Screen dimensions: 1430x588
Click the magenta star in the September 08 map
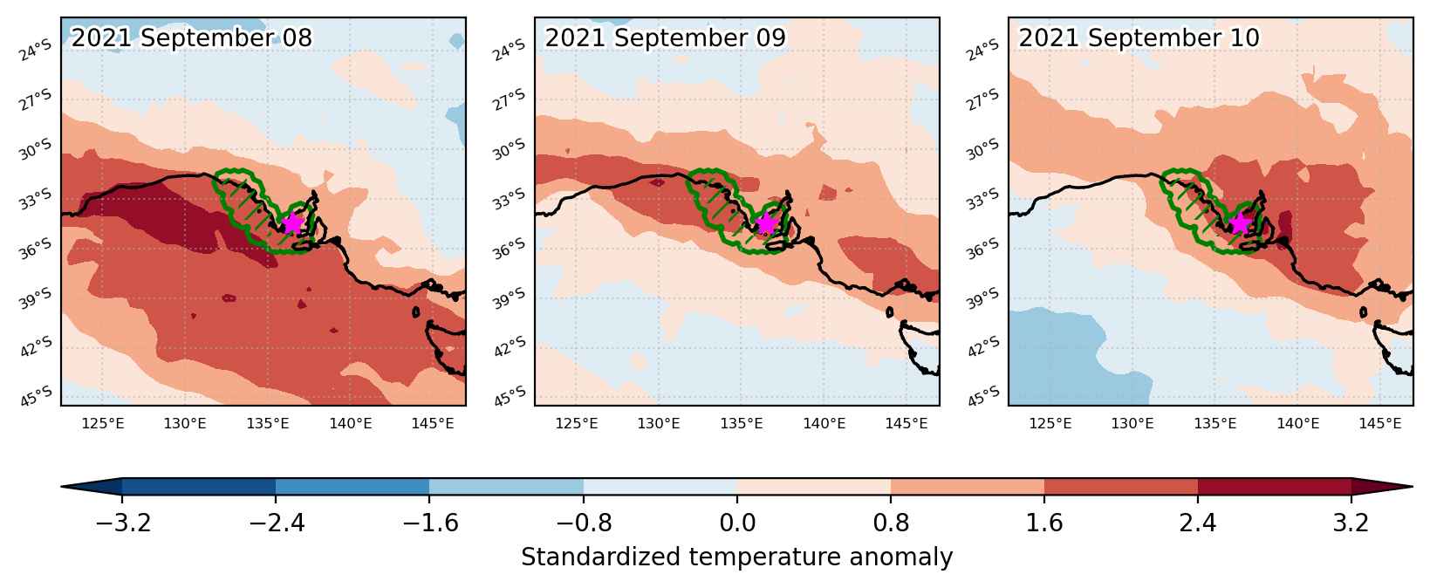[x=292, y=223]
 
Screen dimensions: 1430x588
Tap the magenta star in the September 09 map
[x=766, y=223]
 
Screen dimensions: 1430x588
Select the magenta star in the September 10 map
[x=1240, y=223]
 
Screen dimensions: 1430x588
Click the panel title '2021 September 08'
[x=192, y=38]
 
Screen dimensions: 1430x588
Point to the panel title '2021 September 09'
[x=665, y=38]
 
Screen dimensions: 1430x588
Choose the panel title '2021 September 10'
[x=1139, y=38]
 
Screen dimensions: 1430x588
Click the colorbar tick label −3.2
[x=122, y=523]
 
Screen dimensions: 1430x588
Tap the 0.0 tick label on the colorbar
[x=737, y=523]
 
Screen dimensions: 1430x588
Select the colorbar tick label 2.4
[x=1198, y=523]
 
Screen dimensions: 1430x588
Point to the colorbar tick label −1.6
[x=430, y=523]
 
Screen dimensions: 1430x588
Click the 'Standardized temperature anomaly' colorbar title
[x=736, y=557]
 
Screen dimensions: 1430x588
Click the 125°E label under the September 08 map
[x=103, y=423]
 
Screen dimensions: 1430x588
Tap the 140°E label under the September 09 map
[x=824, y=423]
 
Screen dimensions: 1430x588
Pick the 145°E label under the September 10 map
[x=1380, y=423]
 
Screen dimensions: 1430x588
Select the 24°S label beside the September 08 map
[x=35, y=50]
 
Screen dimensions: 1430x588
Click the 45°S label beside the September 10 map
[x=984, y=396]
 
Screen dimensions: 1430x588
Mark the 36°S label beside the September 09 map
[x=509, y=248]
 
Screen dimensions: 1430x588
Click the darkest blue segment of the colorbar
[x=199, y=486]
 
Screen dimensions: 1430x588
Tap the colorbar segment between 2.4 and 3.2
[x=1274, y=486]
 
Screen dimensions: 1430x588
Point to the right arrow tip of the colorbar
[x=1413, y=486]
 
